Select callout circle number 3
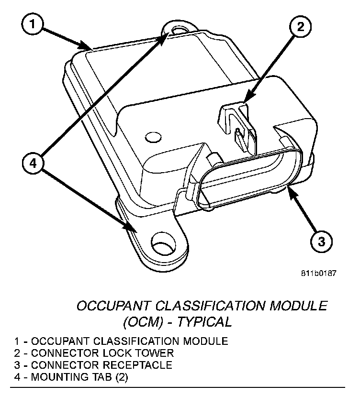pos(320,241)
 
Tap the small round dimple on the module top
pos(153,138)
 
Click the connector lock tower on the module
pos(235,120)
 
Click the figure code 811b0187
pos(318,274)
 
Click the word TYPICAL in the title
pos(204,321)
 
